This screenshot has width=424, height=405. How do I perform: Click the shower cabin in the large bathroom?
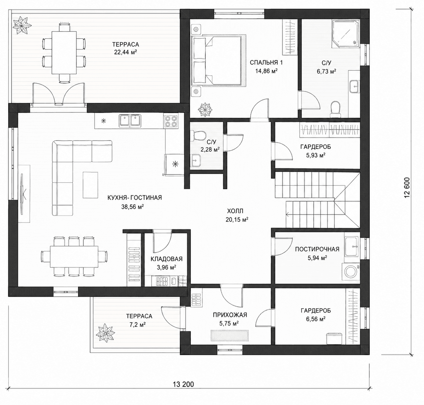pyautogui.click(x=345, y=34)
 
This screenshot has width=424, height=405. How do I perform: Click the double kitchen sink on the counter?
pyautogui.click(x=130, y=121)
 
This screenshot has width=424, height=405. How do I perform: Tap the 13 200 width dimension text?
pyautogui.click(x=184, y=384)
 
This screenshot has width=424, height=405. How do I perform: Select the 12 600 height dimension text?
pyautogui.click(x=407, y=188)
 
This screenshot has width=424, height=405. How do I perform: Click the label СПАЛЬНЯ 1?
pyautogui.click(x=266, y=63)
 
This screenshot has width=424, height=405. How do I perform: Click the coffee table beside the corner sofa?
pyautogui.click(x=90, y=185)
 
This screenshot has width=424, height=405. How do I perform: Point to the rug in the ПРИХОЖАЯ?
pyautogui.click(x=230, y=335)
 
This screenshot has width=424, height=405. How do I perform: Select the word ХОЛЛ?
pyautogui.click(x=235, y=211)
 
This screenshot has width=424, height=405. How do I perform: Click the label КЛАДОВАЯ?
pyautogui.click(x=166, y=259)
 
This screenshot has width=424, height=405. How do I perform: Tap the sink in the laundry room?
pyautogui.click(x=352, y=247)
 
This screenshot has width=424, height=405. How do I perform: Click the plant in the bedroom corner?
pyautogui.click(x=205, y=109)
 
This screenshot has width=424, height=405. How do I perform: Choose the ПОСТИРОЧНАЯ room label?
pyautogui.click(x=317, y=249)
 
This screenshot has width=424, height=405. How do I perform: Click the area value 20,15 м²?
pyautogui.click(x=237, y=219)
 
